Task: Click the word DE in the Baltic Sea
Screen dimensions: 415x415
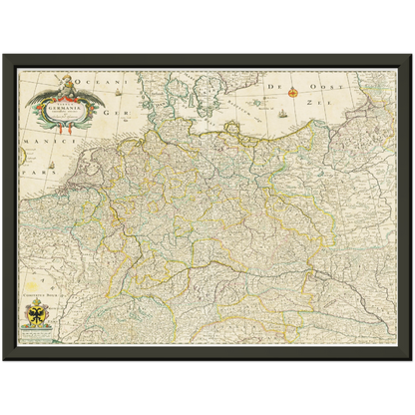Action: coord(269,89)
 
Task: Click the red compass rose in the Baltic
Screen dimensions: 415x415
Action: coord(293,93)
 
